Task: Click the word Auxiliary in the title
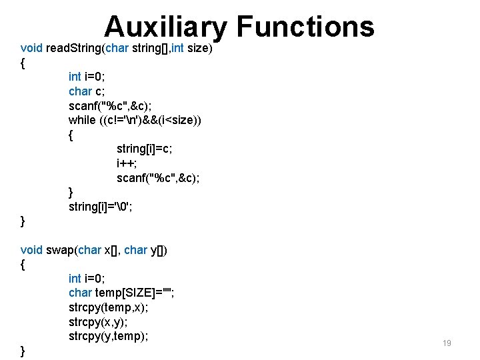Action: (166, 27)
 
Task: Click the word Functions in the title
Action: (305, 27)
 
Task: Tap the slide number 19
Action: (447, 343)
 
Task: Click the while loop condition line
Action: (135, 120)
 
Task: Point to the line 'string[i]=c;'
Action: (145, 149)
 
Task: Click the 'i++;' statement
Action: (126, 163)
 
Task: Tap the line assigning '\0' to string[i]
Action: (102, 207)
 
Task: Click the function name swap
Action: (61, 250)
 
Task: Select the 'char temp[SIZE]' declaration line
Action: (121, 293)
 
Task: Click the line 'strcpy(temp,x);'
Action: (109, 307)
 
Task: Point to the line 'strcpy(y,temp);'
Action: (109, 336)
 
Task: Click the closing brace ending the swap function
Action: (23, 351)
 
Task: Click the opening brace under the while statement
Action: (71, 135)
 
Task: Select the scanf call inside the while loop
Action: (158, 178)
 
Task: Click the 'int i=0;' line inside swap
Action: (87, 278)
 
